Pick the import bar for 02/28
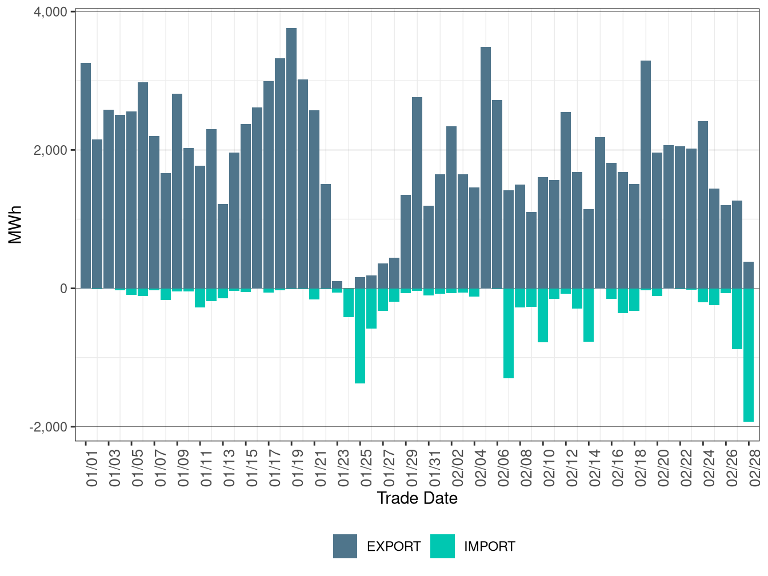coord(749,355)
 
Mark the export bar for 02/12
coord(566,200)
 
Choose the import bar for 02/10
coord(543,315)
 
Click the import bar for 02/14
coord(589,315)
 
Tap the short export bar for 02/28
coord(749,275)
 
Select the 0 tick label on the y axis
coord(63,289)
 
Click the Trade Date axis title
coord(417,498)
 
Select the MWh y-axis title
coord(15,225)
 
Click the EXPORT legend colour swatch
coord(345,546)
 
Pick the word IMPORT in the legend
coord(489,547)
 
